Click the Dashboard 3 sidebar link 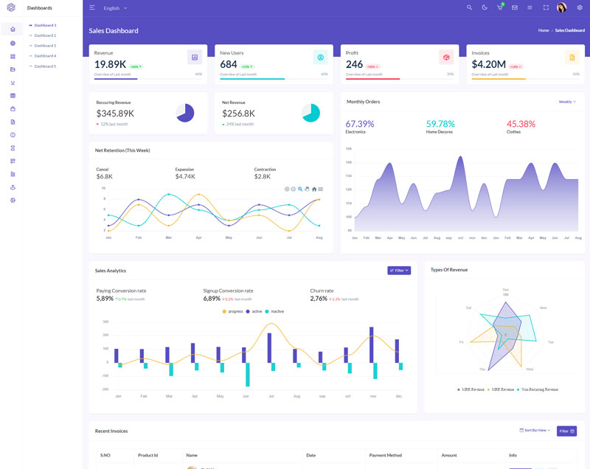(x=45, y=46)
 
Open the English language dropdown (x=115, y=8)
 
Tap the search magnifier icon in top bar (x=470, y=7)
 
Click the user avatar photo (x=561, y=7)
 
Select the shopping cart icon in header (x=500, y=7)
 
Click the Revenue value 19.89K (x=110, y=64)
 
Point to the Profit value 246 (x=354, y=64)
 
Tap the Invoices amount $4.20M (x=488, y=64)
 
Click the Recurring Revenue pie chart (x=185, y=113)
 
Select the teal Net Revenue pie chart (x=310, y=113)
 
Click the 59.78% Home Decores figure (x=440, y=124)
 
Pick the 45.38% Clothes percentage (x=521, y=124)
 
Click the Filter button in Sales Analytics (x=399, y=271)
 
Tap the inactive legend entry (x=274, y=311)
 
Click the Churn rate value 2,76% (x=319, y=299)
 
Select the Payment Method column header (x=385, y=455)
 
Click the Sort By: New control (x=535, y=430)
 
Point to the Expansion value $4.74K (x=185, y=176)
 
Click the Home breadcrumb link (x=544, y=30)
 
